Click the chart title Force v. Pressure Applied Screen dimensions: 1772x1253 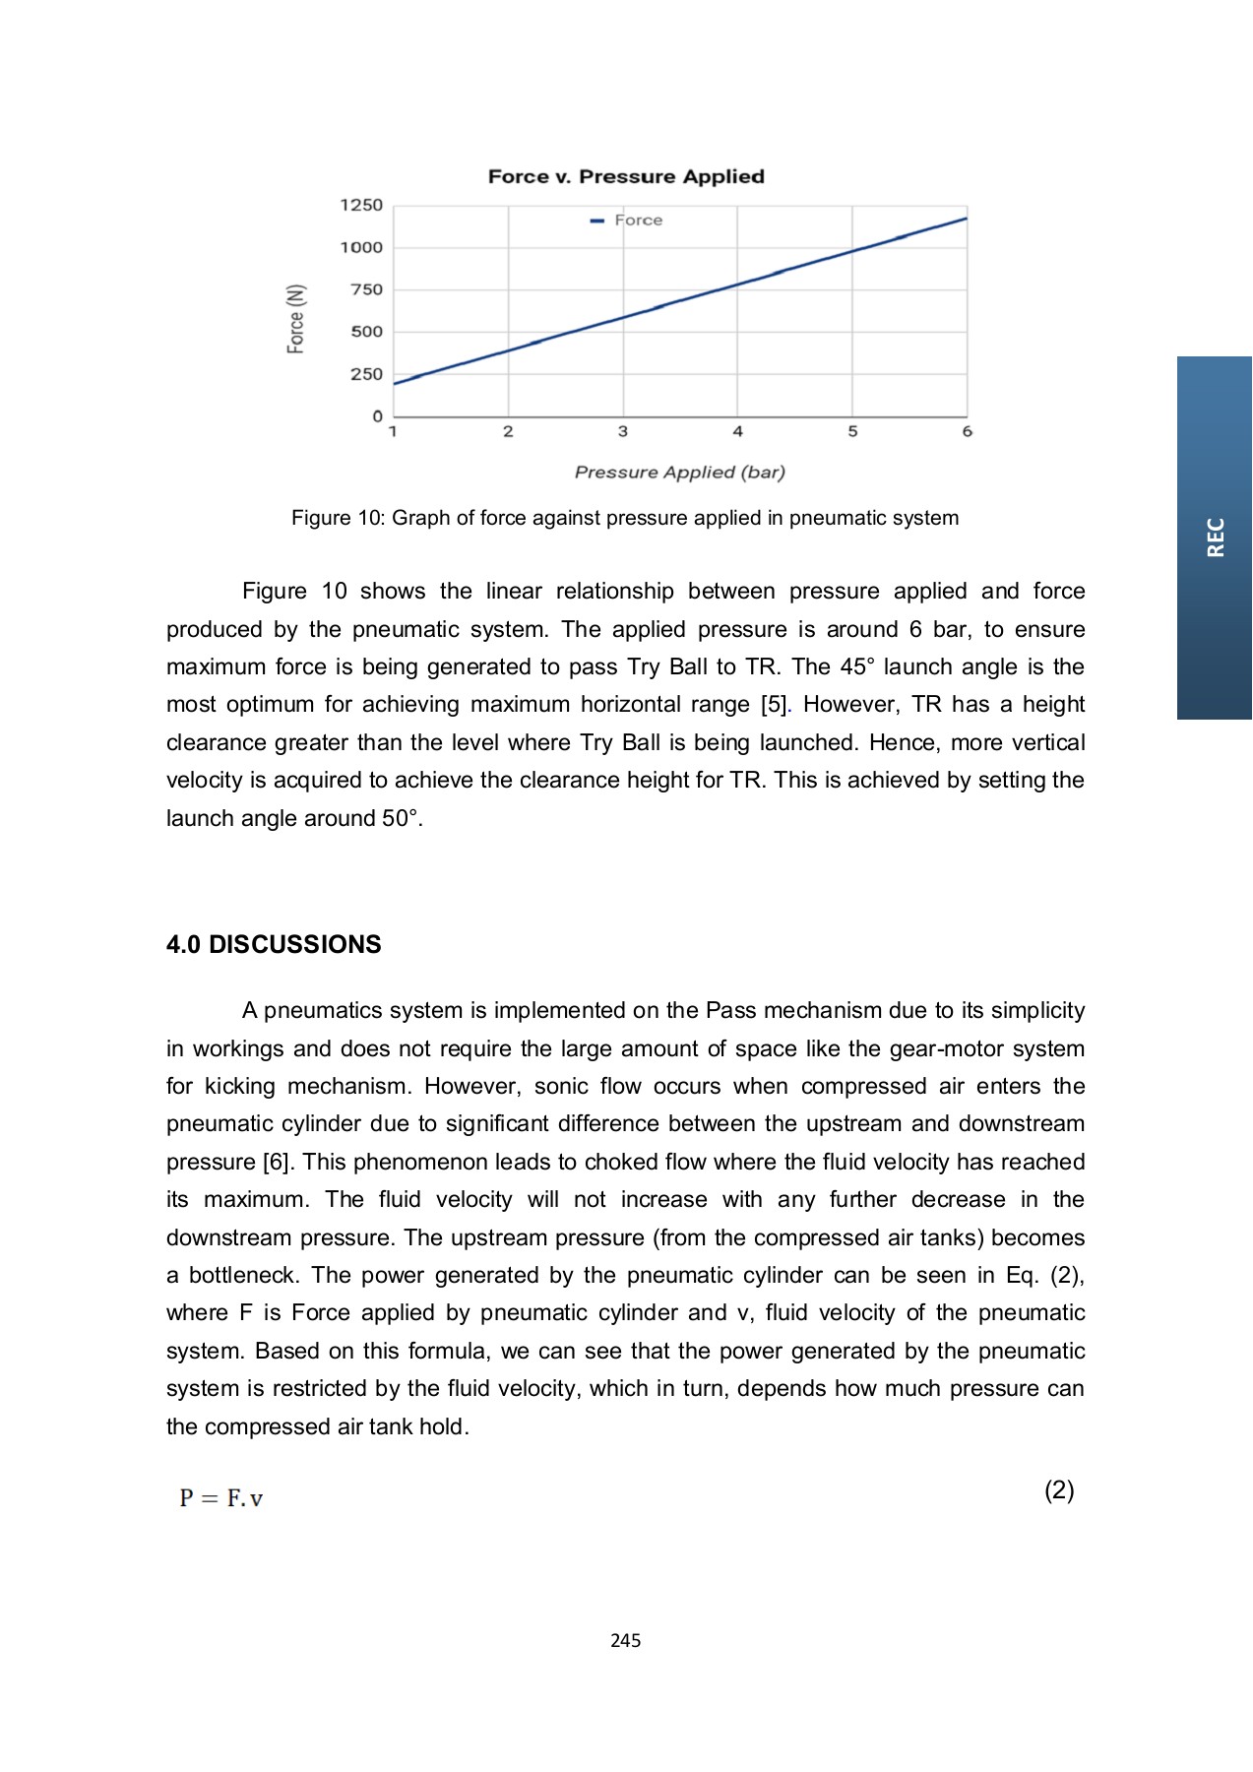(626, 177)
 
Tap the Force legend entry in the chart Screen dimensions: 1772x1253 (637, 221)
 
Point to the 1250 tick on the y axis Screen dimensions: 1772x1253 (361, 205)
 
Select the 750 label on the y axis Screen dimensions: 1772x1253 (366, 289)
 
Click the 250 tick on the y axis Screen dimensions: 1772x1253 (366, 374)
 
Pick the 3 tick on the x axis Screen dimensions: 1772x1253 (623, 431)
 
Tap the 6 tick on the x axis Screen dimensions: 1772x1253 (967, 431)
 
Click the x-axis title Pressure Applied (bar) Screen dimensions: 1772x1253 (679, 473)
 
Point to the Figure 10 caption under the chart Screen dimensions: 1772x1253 (624, 518)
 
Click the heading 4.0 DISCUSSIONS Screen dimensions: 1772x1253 (274, 944)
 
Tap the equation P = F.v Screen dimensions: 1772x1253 (221, 1498)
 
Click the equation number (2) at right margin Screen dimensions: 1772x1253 (1059, 1490)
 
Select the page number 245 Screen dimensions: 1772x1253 (625, 1640)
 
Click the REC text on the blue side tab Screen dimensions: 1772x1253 (1216, 538)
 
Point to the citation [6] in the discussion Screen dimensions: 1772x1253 (277, 1162)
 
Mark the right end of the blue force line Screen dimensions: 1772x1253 (965, 219)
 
